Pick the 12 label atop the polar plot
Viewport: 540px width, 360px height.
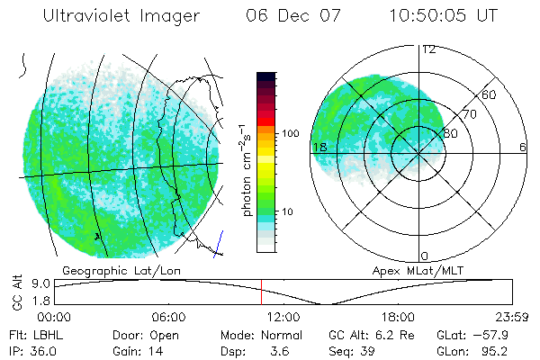coord(428,49)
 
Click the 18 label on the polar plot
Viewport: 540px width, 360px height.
coord(318,147)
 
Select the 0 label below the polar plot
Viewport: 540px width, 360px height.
coord(425,256)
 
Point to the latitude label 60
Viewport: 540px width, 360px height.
coord(490,94)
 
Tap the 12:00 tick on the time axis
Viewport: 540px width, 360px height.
coord(283,318)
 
